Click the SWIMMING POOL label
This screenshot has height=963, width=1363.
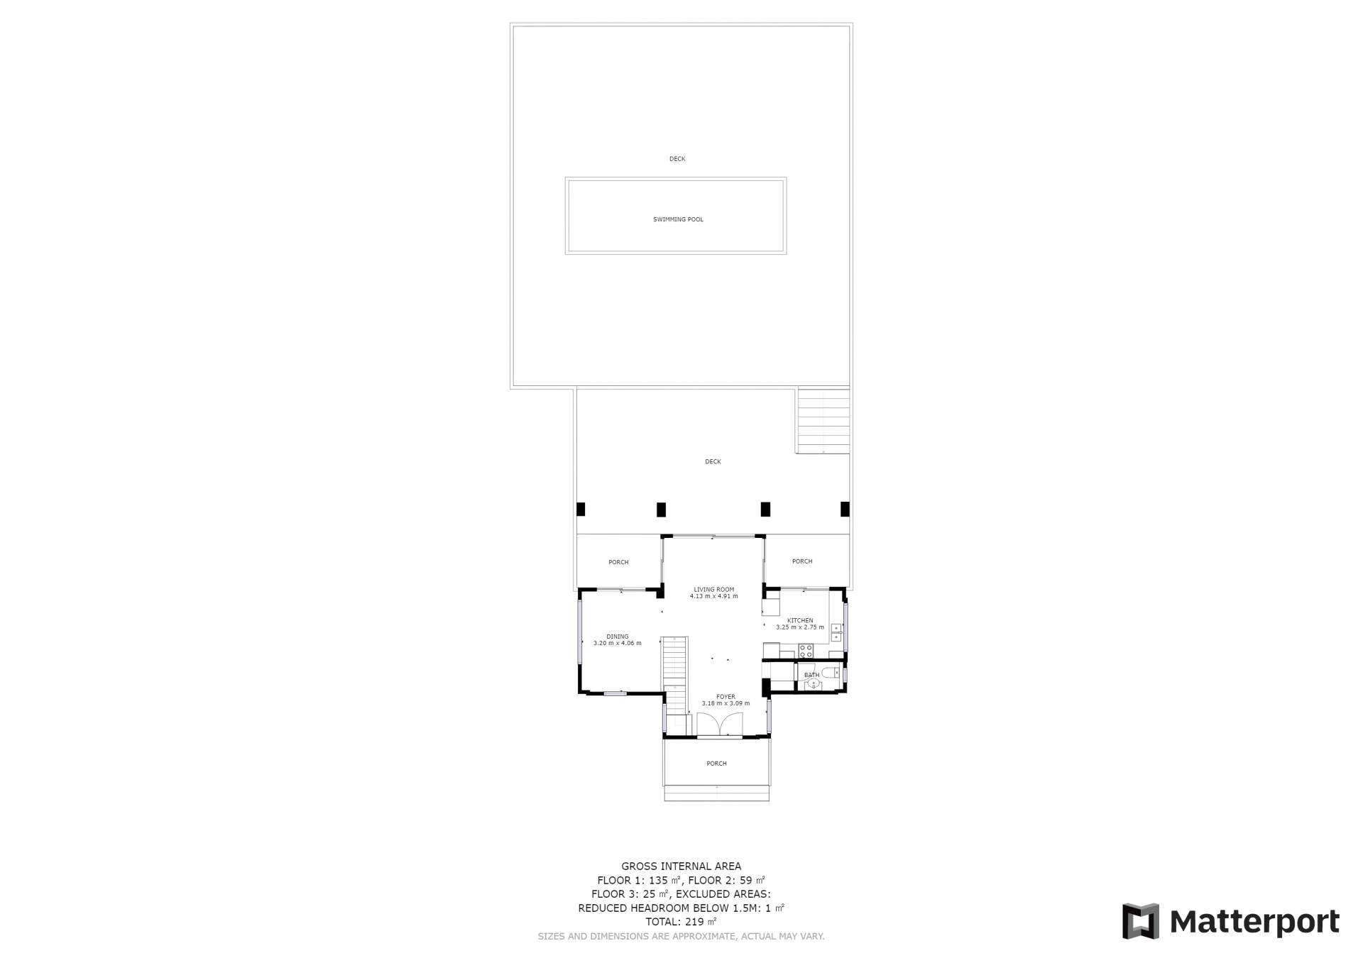pyautogui.click(x=678, y=219)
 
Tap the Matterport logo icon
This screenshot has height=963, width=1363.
pyautogui.click(x=1140, y=921)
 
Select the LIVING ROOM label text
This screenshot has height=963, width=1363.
pyautogui.click(x=714, y=589)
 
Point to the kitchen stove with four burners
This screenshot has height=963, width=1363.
pyautogui.click(x=806, y=650)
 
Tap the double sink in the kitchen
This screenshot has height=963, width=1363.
pyautogui.click(x=836, y=632)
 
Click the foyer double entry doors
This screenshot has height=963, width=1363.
pyautogui.click(x=719, y=725)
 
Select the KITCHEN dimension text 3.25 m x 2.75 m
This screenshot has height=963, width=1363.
pyautogui.click(x=800, y=627)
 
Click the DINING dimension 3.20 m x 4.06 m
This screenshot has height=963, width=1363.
pyautogui.click(x=618, y=644)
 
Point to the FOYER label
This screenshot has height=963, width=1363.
pyautogui.click(x=726, y=697)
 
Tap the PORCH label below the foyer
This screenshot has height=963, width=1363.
pyautogui.click(x=717, y=764)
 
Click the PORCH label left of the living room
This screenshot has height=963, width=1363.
pyautogui.click(x=618, y=562)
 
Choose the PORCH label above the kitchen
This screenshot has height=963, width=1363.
pyautogui.click(x=802, y=561)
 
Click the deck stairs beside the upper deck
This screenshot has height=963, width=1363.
pyautogui.click(x=823, y=420)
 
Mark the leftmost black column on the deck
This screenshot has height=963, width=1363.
pyautogui.click(x=581, y=509)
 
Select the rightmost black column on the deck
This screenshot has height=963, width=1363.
pyautogui.click(x=845, y=509)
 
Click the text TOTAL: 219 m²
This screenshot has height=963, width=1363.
pyautogui.click(x=681, y=922)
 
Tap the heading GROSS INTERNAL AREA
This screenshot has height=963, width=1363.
pyautogui.click(x=681, y=866)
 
